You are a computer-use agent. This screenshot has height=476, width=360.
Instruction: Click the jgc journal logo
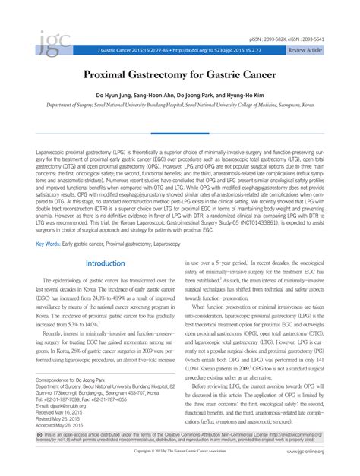tap(48, 46)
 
